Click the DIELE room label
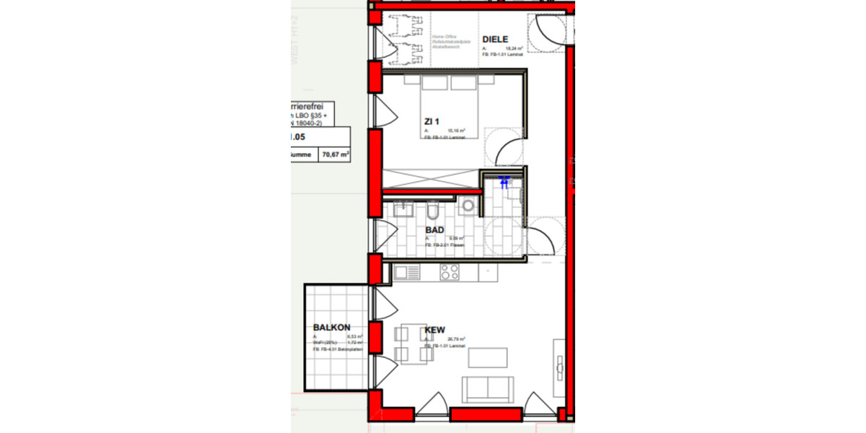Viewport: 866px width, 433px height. coord(495,39)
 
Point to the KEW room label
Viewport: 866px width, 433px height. coord(434,331)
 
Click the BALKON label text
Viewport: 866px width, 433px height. coord(331,327)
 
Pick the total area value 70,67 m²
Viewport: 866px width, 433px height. coord(336,154)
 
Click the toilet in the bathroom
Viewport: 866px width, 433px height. coord(432,211)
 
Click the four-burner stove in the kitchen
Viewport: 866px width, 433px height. coord(450,272)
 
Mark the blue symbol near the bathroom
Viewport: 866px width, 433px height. coord(504,183)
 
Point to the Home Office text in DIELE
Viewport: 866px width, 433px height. coord(439,36)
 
